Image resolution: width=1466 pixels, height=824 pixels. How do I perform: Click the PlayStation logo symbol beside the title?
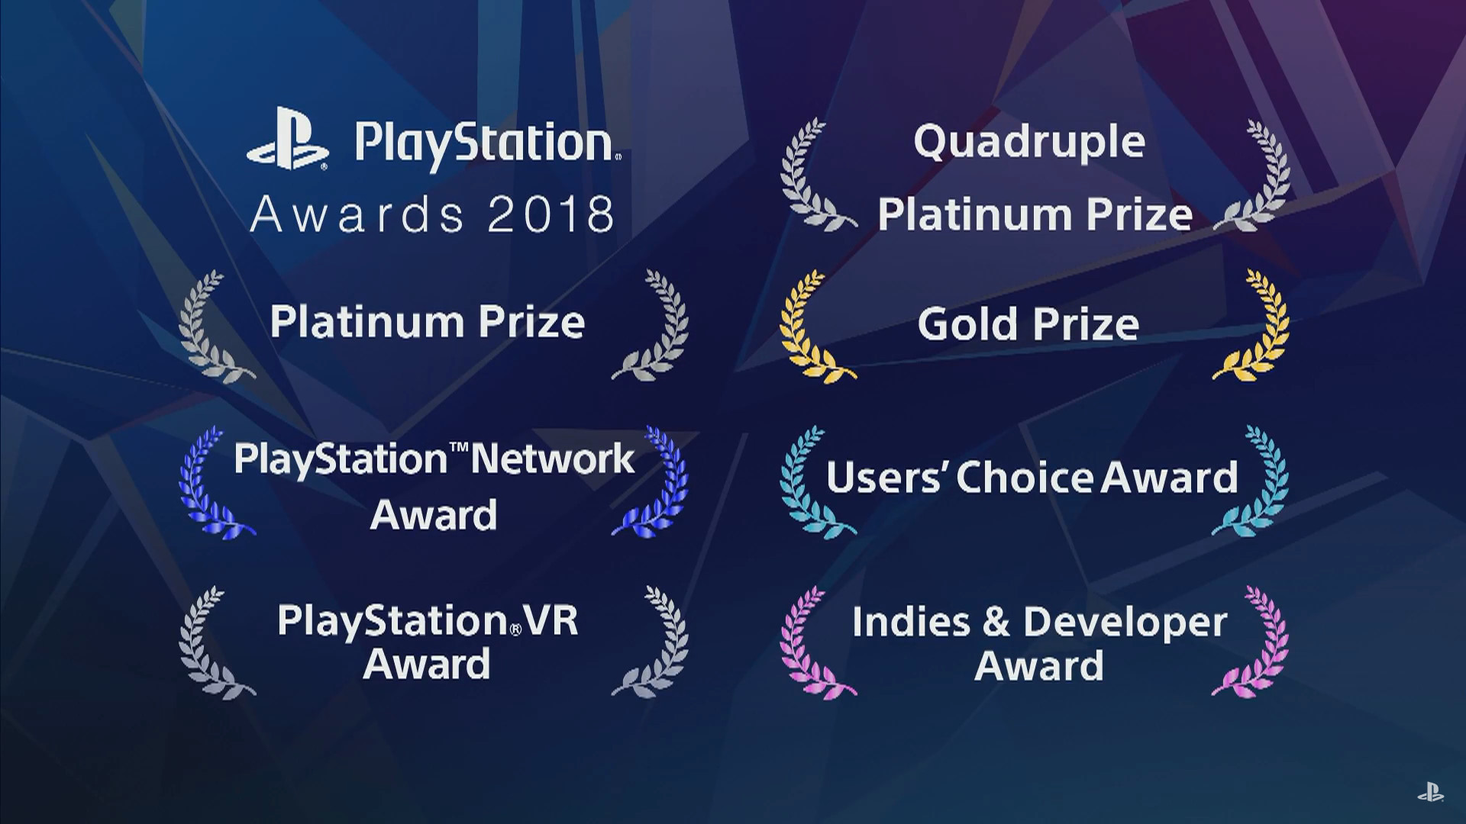(288, 138)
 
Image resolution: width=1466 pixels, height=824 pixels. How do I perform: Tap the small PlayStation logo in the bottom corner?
(1430, 793)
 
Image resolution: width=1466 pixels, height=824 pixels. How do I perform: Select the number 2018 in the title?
(551, 214)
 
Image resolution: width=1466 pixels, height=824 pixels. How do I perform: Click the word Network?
(553, 459)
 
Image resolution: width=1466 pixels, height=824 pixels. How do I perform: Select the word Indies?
(911, 622)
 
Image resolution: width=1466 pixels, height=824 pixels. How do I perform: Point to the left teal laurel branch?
(814, 481)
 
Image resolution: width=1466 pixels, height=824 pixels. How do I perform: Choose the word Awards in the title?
(357, 214)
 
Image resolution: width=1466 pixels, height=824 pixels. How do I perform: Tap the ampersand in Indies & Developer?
(996, 622)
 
